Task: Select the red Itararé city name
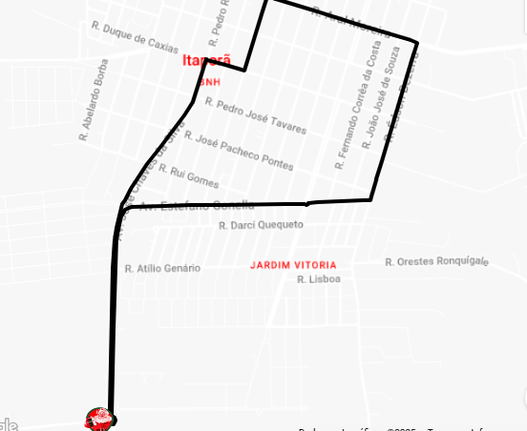pyautogui.click(x=206, y=60)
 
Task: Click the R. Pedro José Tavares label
pyautogui.click(x=255, y=115)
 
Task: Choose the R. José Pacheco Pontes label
pyautogui.click(x=244, y=151)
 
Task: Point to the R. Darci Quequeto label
pyautogui.click(x=260, y=225)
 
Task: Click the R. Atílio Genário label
pyautogui.click(x=162, y=268)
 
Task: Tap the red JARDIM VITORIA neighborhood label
pyautogui.click(x=293, y=265)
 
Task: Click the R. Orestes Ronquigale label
pyautogui.click(x=435, y=261)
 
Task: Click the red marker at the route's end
pyautogui.click(x=100, y=418)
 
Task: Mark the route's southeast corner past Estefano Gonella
pyautogui.click(x=370, y=199)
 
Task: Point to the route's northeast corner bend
pyautogui.click(x=416, y=42)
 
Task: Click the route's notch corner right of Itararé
pyautogui.click(x=245, y=69)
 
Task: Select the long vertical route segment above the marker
pyautogui.click(x=113, y=324)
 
